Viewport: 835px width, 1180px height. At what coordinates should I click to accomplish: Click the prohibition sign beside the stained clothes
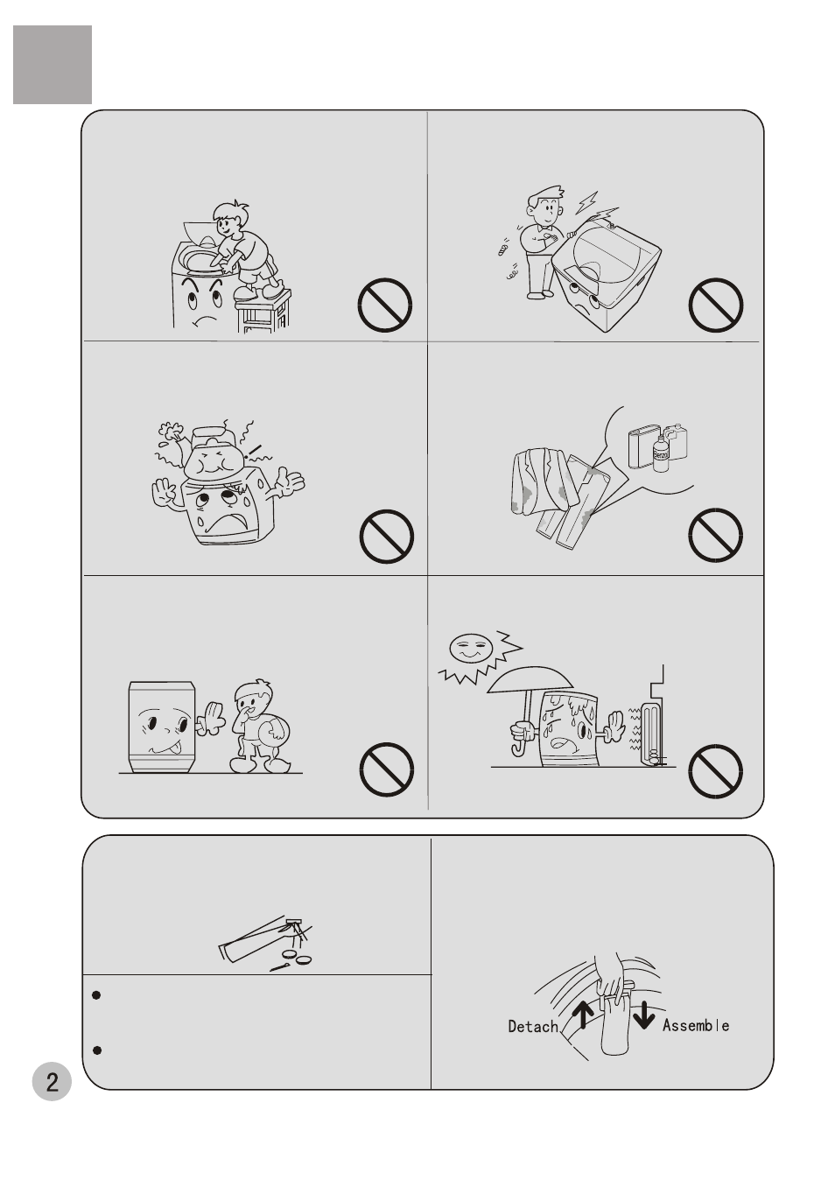pos(715,535)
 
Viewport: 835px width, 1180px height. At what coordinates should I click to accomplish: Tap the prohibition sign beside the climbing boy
pos(384,305)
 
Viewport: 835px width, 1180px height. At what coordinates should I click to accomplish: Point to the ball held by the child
pos(277,734)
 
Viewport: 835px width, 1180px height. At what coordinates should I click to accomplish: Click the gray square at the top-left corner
pos(53,65)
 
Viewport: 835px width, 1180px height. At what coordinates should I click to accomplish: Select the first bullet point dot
pos(96,995)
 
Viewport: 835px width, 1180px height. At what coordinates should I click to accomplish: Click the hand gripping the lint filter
pos(611,980)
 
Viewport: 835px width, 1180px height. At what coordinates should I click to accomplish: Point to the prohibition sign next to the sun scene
pos(715,771)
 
